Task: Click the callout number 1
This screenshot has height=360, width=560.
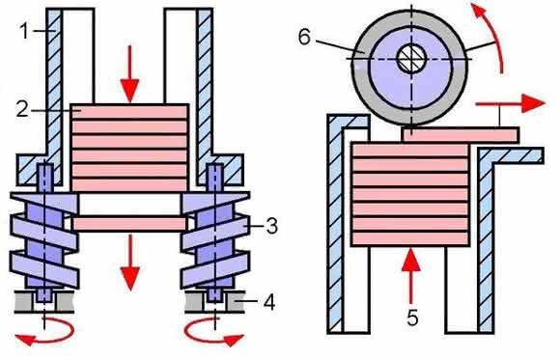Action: click(24, 31)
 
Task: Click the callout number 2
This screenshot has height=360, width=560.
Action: click(22, 109)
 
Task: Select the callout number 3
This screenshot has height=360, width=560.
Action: click(271, 226)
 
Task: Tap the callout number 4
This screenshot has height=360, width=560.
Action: click(269, 302)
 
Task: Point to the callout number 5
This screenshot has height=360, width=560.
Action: click(412, 318)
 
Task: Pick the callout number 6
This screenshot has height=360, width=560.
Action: click(304, 37)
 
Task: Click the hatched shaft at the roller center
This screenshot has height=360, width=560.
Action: click(411, 59)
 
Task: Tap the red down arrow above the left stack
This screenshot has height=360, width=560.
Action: click(129, 74)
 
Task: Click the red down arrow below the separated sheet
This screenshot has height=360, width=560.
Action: click(129, 263)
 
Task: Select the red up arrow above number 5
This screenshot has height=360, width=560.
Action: click(411, 276)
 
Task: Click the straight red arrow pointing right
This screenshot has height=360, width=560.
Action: click(511, 103)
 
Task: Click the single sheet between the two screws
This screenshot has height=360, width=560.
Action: click(129, 224)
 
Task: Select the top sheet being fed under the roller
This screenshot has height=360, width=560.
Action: click(461, 135)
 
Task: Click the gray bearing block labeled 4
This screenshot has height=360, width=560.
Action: click(235, 303)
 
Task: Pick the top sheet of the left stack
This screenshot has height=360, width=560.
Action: click(129, 111)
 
